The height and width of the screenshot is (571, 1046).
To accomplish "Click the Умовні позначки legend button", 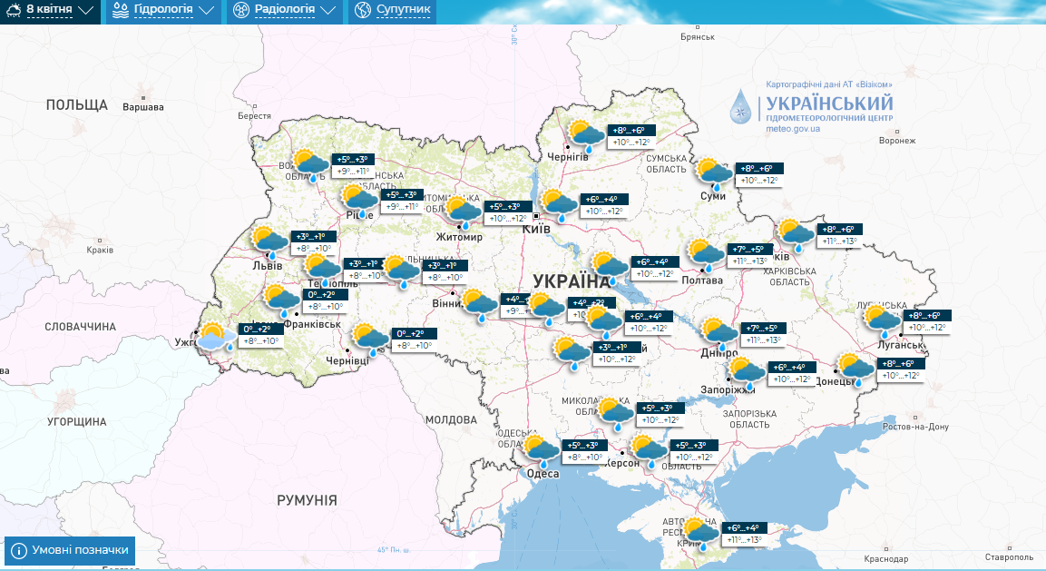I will (x=71, y=550).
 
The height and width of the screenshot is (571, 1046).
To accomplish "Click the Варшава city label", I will (x=142, y=107).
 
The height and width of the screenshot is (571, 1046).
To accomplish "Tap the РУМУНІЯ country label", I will (x=307, y=500).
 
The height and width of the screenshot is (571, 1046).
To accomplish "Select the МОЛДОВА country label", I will (x=451, y=420).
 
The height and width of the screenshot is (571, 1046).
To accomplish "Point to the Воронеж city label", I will (x=897, y=141).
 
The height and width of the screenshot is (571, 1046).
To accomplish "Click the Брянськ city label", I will (x=698, y=37).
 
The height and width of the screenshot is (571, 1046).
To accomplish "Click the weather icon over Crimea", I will (x=700, y=533).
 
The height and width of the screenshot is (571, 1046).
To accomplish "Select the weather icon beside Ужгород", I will (x=215, y=338).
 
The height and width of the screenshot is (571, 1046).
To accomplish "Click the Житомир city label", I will (x=459, y=237).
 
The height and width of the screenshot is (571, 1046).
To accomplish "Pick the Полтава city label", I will (x=702, y=281).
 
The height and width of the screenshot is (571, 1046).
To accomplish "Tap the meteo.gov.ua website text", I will (x=793, y=129).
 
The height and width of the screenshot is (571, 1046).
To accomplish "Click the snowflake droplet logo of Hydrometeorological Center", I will (x=742, y=107).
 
